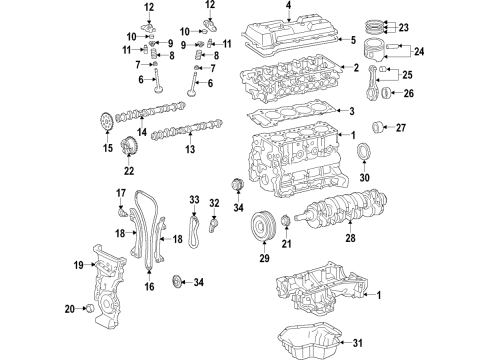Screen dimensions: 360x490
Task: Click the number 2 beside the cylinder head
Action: point(355,67)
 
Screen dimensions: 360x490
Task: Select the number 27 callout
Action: point(399,127)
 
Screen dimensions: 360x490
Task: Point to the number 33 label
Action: point(194,200)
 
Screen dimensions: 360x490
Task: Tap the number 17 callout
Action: point(120,194)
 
